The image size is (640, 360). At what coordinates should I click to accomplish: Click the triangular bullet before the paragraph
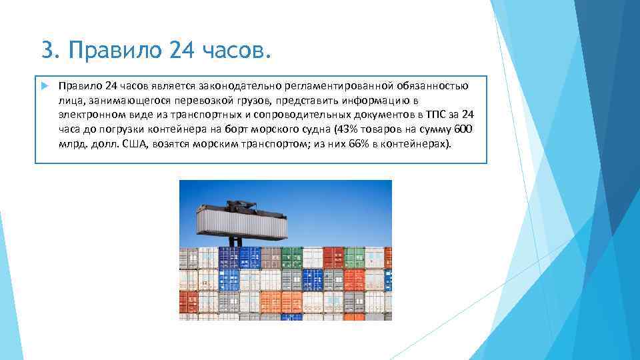pyautogui.click(x=45, y=86)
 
